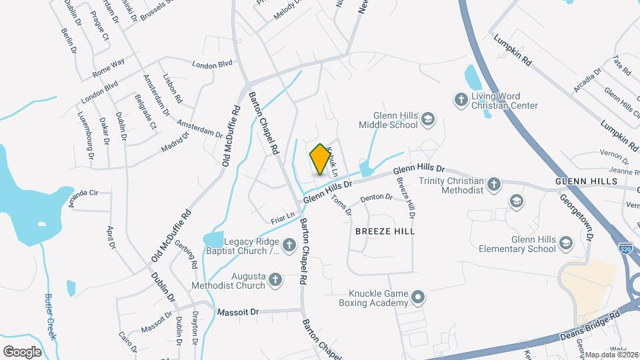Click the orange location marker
[321, 159]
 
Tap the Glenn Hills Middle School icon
[428, 120]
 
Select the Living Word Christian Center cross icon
[460, 100]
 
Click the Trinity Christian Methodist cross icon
[493, 185]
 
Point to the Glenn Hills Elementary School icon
[566, 243]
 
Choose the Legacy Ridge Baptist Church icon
[290, 246]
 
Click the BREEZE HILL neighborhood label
[385, 231]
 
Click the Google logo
[22, 351]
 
